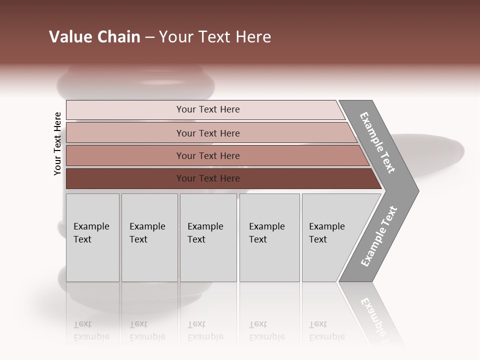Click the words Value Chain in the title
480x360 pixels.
(x=94, y=37)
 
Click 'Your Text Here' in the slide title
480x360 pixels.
(x=215, y=37)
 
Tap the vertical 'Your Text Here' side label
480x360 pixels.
(x=57, y=143)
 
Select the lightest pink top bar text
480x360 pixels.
(x=208, y=109)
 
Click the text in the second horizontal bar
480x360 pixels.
(x=208, y=133)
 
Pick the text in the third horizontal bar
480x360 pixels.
(x=208, y=156)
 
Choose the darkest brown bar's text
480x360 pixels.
(x=208, y=178)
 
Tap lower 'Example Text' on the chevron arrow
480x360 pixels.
(x=379, y=236)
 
